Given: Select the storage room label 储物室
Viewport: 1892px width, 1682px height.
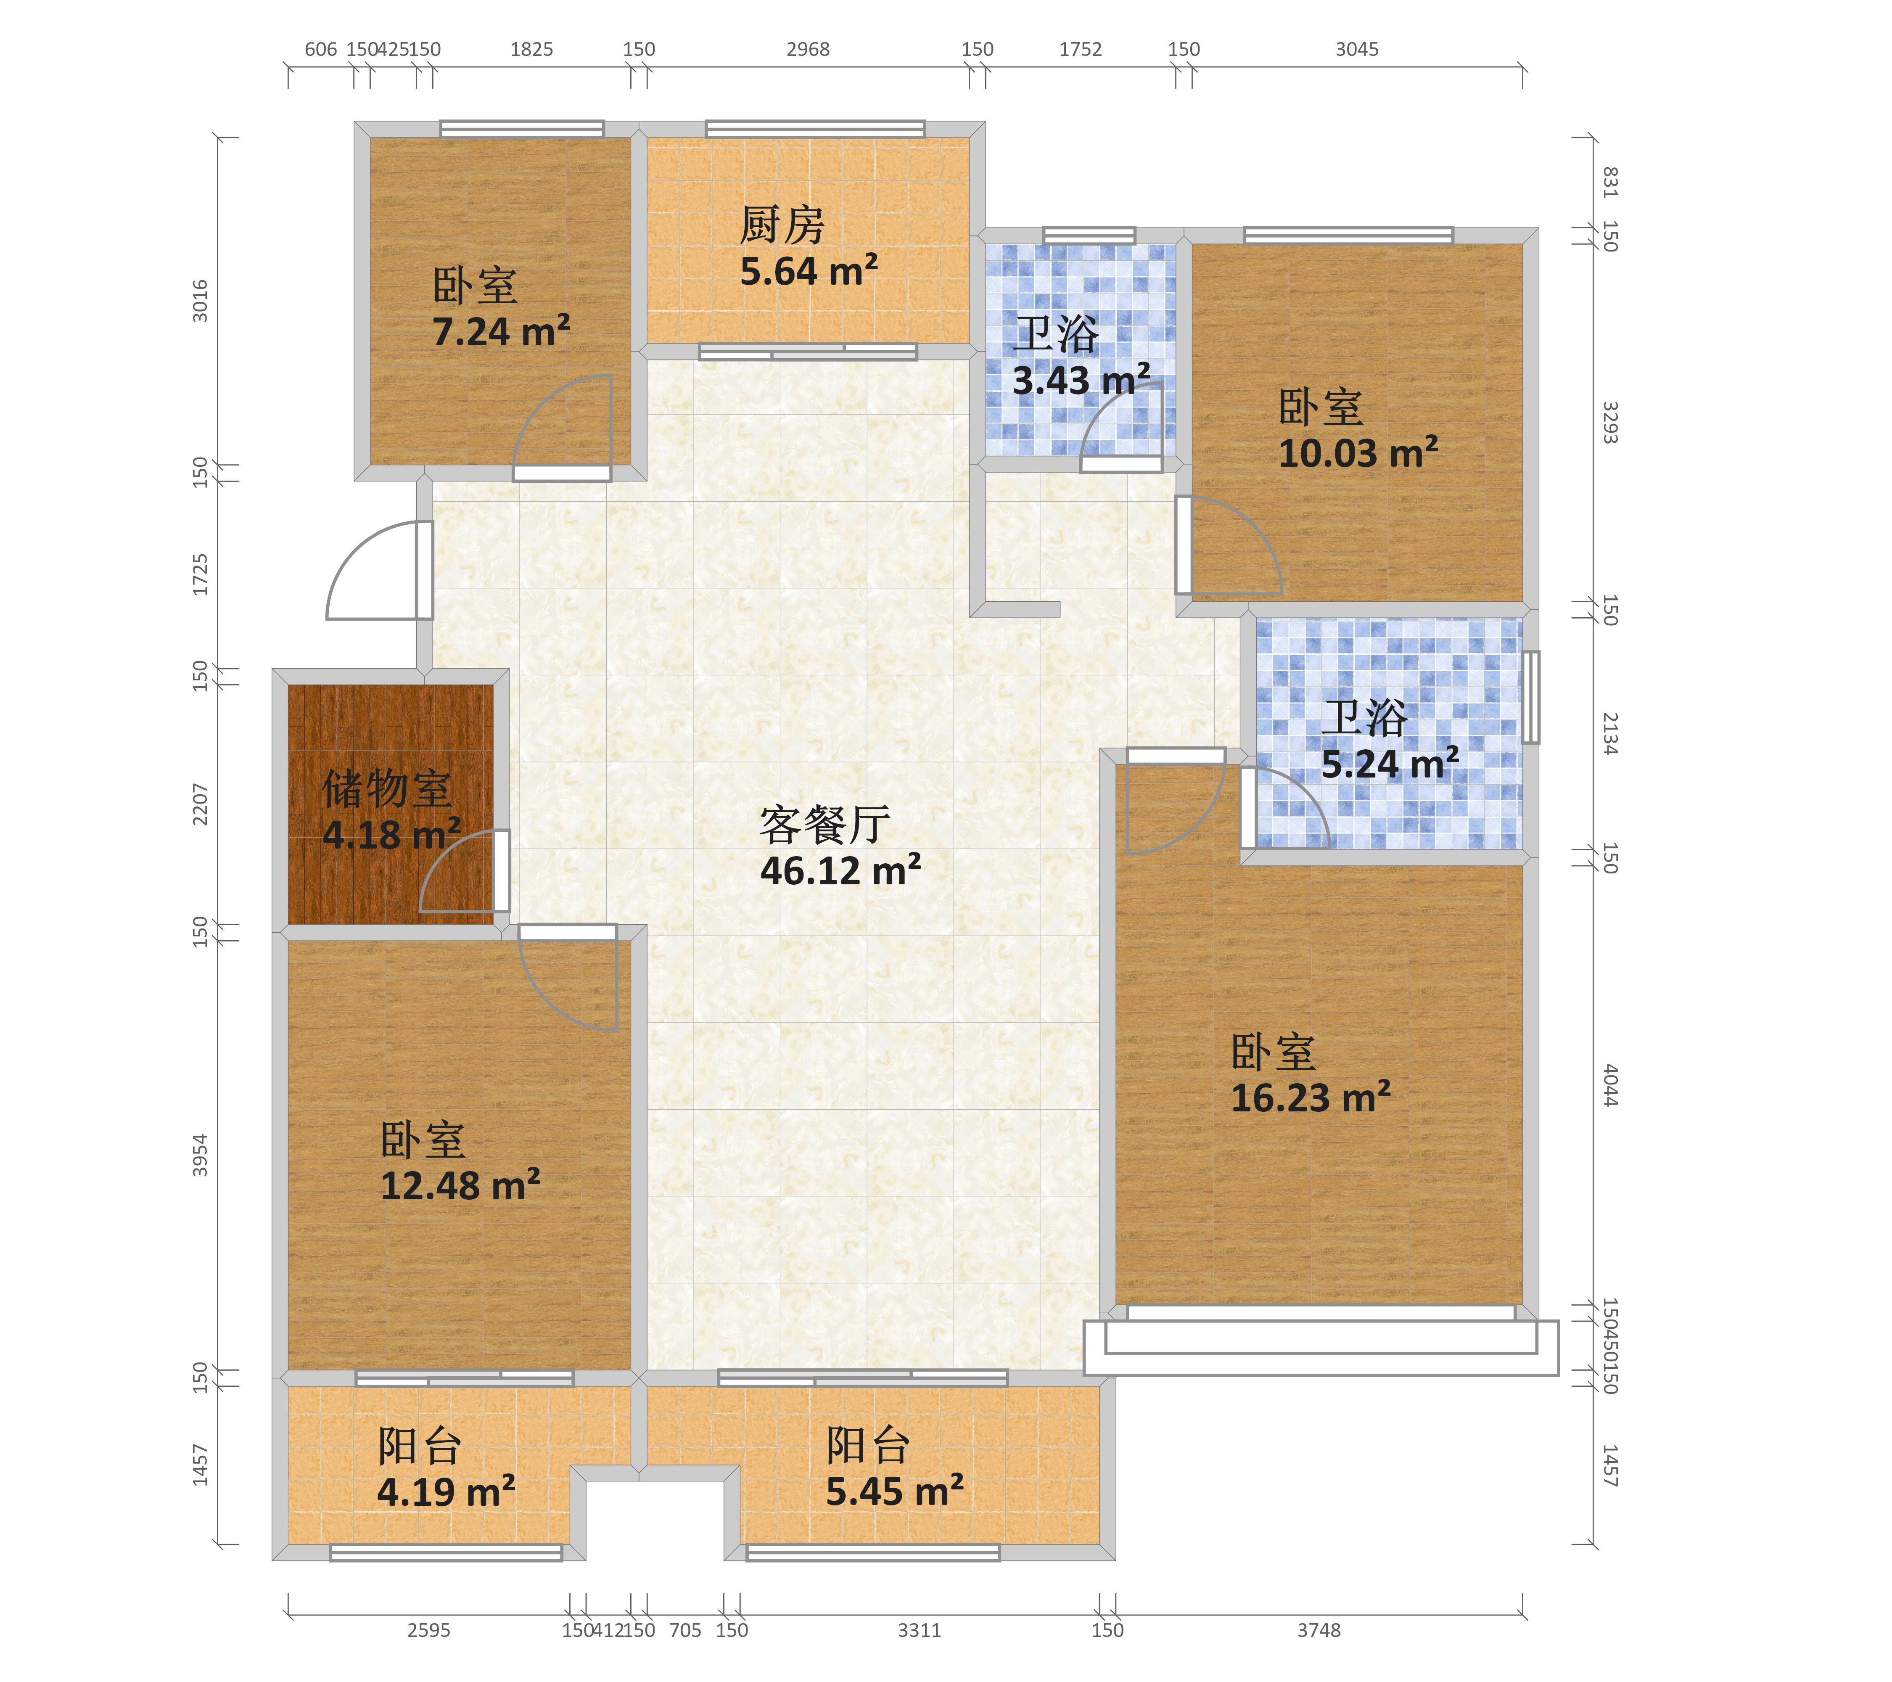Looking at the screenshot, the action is point(387,789).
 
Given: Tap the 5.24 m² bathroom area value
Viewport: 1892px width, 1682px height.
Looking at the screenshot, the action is point(1390,764).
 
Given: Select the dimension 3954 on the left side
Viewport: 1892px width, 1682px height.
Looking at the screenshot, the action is point(200,1155).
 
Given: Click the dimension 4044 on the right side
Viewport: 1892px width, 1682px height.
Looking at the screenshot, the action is point(1611,1085).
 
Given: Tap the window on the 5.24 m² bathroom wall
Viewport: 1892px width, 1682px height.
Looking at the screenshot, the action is point(1531,697).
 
